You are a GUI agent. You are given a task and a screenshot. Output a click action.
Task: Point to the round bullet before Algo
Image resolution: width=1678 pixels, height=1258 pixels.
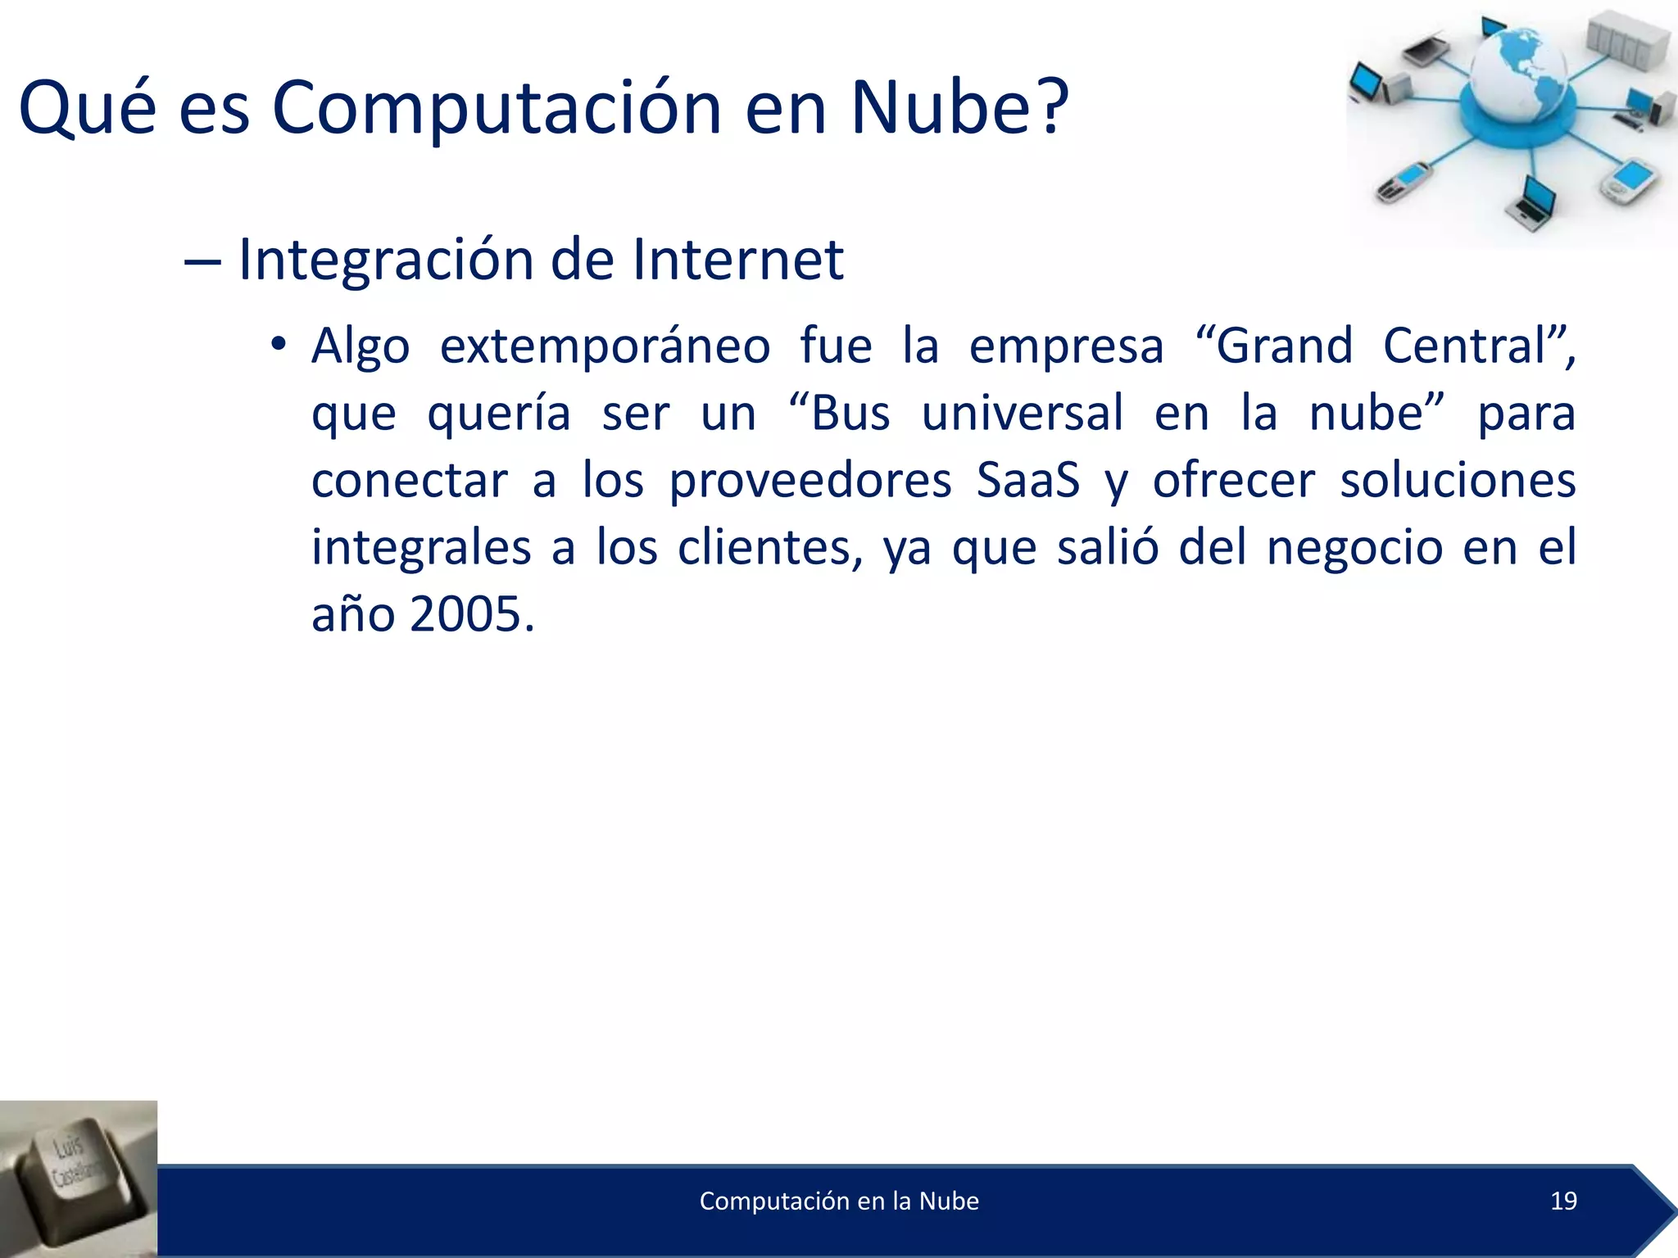[279, 344]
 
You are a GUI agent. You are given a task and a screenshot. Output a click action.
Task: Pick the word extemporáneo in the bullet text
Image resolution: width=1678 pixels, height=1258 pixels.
[605, 347]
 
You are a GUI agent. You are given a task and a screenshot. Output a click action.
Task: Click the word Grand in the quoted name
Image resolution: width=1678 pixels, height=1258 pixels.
[1284, 346]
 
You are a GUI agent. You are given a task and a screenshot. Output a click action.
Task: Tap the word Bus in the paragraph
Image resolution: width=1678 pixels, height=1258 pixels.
[850, 413]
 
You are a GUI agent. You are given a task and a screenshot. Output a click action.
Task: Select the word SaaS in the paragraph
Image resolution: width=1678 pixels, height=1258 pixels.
[1027, 480]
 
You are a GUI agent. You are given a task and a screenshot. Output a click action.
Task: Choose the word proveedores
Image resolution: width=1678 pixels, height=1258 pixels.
[810, 482]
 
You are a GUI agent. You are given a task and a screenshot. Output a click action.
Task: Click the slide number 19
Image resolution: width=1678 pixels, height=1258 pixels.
[1563, 1201]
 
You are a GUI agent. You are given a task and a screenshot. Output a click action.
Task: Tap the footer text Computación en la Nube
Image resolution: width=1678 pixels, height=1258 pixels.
[839, 1201]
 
